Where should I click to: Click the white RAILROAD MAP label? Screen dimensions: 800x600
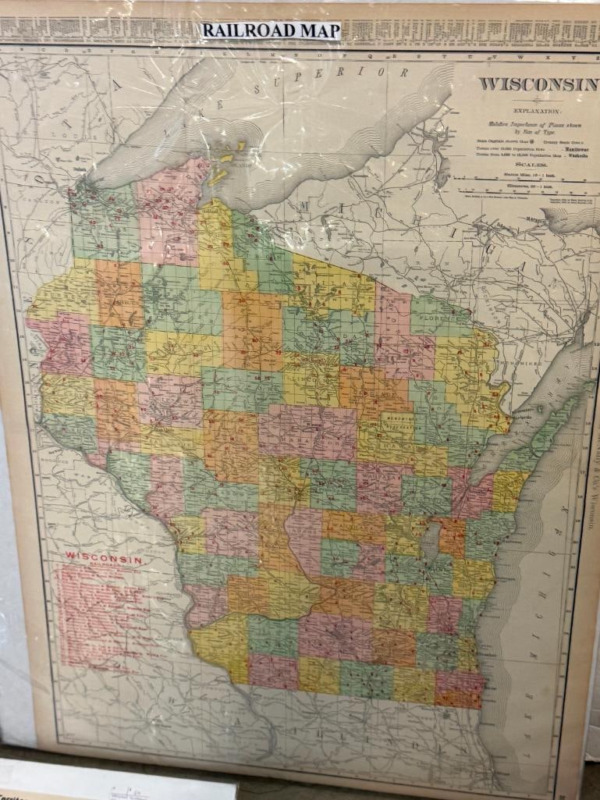pyautogui.click(x=271, y=30)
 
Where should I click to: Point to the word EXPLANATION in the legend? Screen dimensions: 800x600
pyautogui.click(x=532, y=112)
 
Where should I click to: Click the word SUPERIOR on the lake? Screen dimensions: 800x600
pyautogui.click(x=339, y=76)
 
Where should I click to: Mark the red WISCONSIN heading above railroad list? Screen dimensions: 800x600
pyautogui.click(x=103, y=559)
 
